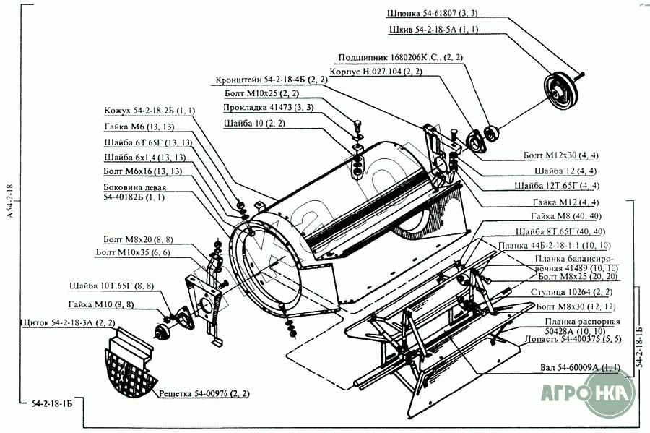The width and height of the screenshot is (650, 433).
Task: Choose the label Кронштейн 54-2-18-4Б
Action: pos(271,80)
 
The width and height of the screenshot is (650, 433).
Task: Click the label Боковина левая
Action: pos(135,192)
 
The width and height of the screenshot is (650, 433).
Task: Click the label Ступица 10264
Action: pos(574,292)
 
